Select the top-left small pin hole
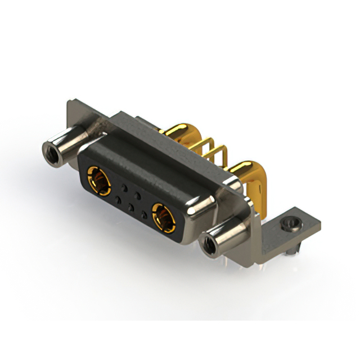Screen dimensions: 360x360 pyautogui.click(x=125, y=186)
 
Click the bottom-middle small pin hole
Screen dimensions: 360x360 pyautogui.click(x=131, y=206)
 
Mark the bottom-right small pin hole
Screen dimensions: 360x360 pyautogui.click(x=145, y=214)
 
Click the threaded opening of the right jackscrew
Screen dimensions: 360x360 pyautogui.click(x=208, y=245)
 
